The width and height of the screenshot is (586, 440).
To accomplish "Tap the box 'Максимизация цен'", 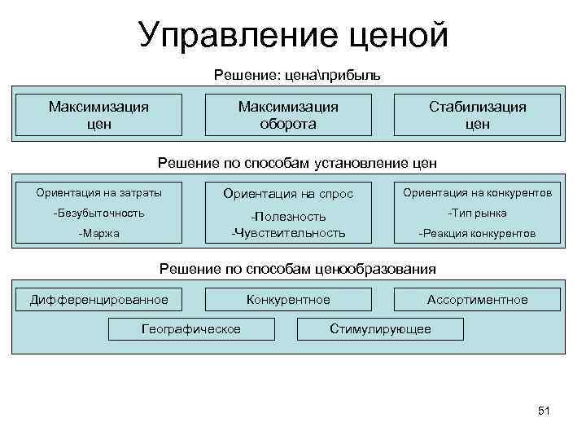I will pos(98,115).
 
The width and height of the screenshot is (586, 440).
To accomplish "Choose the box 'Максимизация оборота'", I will pos(288,115).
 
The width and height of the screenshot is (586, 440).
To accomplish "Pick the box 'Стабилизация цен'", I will pos(478,115).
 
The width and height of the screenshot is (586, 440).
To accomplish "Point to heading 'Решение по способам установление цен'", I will pos(297,163).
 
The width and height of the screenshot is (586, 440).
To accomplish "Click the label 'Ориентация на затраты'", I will pos(98,193).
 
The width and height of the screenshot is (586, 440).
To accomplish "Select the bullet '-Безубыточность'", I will pos(98,213).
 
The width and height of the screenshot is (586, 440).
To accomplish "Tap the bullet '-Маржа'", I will pos(98,233).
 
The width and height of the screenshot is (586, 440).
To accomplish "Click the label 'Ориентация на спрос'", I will pos(288,194).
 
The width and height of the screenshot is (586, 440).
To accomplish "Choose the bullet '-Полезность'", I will pos(288,216).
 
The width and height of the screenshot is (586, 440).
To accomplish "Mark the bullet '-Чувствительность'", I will pos(288,233).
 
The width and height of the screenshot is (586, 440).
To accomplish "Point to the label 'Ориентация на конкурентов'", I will pos(478,193).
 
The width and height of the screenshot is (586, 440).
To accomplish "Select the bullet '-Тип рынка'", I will pos(478,213).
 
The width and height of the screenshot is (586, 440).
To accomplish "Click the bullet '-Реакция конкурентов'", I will pos(478,233).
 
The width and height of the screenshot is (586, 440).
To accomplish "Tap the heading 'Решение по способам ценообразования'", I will pos(297,269).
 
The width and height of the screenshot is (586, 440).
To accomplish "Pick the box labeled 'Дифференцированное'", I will pos(98,300).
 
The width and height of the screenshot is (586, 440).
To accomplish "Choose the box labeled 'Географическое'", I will pos(191,328).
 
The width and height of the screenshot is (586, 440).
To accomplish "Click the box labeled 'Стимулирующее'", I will pos(380,328).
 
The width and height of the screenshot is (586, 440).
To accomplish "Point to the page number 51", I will pos(544,411).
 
